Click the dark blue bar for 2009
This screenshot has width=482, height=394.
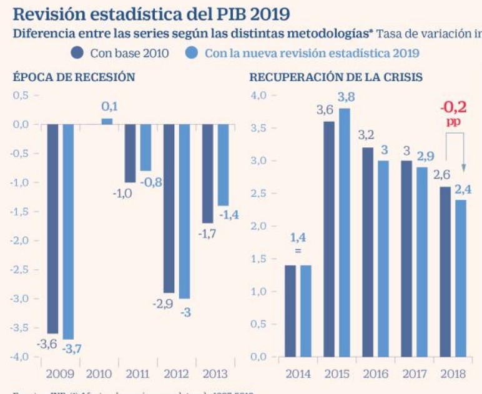52,228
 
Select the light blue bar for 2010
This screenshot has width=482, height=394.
107,121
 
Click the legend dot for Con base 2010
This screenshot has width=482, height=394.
78,53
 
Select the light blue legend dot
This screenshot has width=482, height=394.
193,53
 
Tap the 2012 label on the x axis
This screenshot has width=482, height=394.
177,374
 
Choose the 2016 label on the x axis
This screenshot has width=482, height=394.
376,374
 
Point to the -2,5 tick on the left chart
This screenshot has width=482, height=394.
22,270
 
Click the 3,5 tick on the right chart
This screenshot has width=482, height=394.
259,128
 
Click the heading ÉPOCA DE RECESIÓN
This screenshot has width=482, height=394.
74,77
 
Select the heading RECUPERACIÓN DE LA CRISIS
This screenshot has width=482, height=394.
336,77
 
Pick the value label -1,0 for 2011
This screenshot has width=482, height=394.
122,193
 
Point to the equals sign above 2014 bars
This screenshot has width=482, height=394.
298,251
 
